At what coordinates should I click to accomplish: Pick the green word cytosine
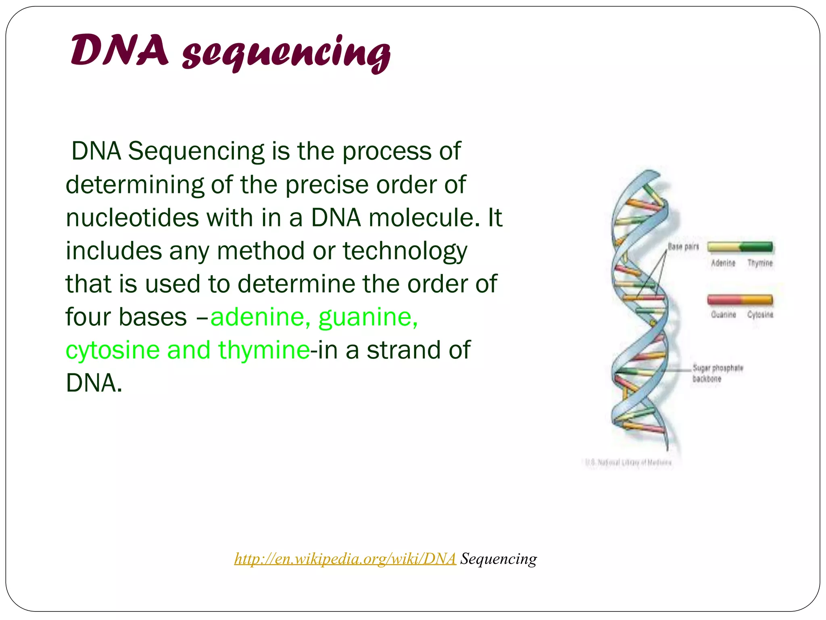pyautogui.click(x=113, y=350)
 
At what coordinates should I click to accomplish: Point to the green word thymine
pyautogui.click(x=264, y=350)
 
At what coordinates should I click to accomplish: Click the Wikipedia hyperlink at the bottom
pyautogui.click(x=345, y=559)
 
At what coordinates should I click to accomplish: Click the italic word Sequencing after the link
pyautogui.click(x=499, y=559)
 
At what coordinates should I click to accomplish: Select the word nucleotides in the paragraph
pyautogui.click(x=132, y=218)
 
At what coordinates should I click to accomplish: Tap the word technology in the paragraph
pyautogui.click(x=405, y=251)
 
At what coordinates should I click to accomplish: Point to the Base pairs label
pyautogui.click(x=683, y=246)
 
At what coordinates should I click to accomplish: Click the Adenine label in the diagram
pyautogui.click(x=723, y=263)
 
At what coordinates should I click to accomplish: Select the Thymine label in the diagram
pyautogui.click(x=760, y=263)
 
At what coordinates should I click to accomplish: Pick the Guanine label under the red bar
pyautogui.click(x=723, y=314)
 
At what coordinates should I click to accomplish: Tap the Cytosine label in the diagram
pyautogui.click(x=760, y=314)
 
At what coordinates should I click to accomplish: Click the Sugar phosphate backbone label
pyautogui.click(x=718, y=373)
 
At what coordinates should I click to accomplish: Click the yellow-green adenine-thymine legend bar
pyautogui.click(x=740, y=247)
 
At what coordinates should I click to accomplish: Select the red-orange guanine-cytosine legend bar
pyautogui.click(x=740, y=300)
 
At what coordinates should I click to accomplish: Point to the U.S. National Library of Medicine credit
pyautogui.click(x=628, y=462)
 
